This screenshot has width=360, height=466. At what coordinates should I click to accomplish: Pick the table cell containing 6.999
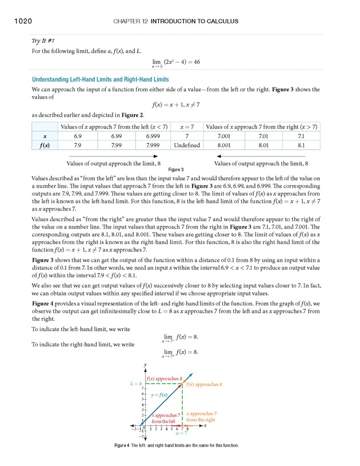click(x=152, y=136)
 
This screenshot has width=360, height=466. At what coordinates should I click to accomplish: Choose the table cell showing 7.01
click(x=263, y=136)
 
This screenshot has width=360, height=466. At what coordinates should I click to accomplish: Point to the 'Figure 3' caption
click(x=175, y=170)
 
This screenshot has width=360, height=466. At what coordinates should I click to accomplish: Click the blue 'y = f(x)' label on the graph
click(x=159, y=395)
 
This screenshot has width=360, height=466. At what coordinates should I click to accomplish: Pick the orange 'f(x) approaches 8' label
click(x=204, y=384)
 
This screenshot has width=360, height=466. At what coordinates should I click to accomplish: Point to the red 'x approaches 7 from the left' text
click(x=165, y=418)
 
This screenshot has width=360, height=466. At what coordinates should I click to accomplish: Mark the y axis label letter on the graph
click(x=146, y=364)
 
